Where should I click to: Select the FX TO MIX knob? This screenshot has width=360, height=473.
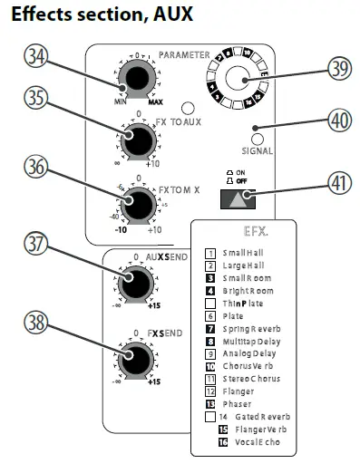139,205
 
